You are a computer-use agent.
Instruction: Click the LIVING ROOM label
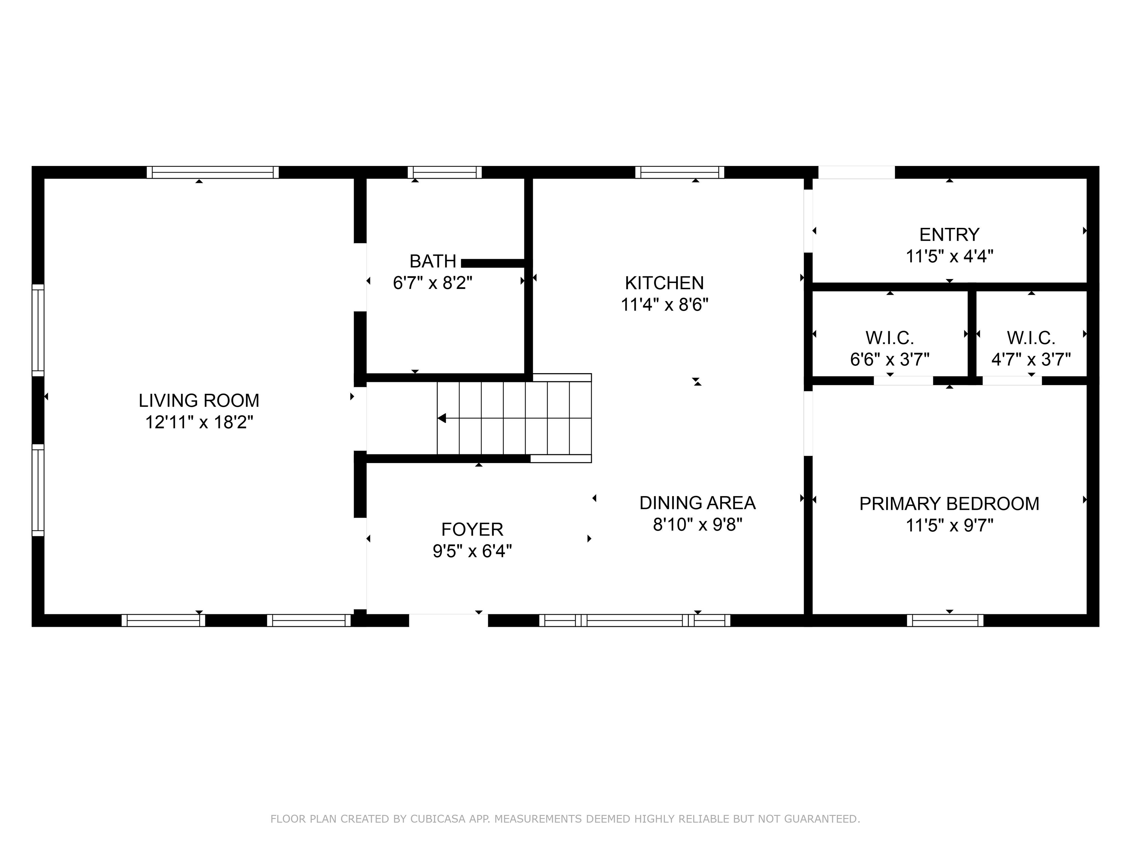pos(199,400)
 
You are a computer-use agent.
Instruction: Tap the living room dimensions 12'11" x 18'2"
pos(199,422)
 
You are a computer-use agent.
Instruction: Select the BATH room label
pos(433,261)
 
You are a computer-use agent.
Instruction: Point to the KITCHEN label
pos(664,283)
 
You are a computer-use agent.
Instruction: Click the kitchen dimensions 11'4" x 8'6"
pos(664,305)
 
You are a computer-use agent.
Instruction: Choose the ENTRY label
pos(949,234)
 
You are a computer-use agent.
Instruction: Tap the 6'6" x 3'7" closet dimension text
pos(889,359)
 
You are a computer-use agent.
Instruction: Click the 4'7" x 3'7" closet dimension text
pos(1031,359)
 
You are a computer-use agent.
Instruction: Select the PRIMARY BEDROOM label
pos(949,504)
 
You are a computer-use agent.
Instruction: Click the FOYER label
pos(472,529)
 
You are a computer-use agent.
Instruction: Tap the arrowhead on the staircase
pos(442,418)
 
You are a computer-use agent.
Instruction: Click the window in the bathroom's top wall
pos(444,172)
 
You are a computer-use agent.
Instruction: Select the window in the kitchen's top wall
pos(680,172)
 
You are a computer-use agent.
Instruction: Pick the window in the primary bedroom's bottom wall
pos(945,620)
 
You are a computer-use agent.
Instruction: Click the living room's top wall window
pos(213,172)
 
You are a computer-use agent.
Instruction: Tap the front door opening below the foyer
pos(448,620)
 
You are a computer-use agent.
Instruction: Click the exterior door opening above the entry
pos(856,172)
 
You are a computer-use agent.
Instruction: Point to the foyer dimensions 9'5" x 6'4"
pos(472,551)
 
